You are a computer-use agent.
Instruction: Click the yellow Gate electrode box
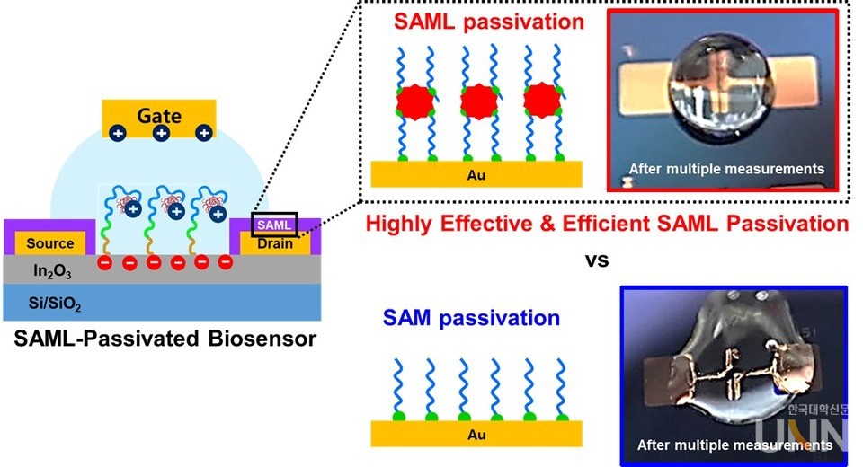(x=159, y=116)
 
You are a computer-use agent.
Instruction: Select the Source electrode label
(x=49, y=243)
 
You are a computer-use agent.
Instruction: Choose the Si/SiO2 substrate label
(x=54, y=306)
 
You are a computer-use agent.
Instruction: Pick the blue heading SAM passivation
(x=471, y=318)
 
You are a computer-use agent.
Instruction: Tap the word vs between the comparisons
(x=597, y=260)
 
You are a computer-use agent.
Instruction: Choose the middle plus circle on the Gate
(x=161, y=133)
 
